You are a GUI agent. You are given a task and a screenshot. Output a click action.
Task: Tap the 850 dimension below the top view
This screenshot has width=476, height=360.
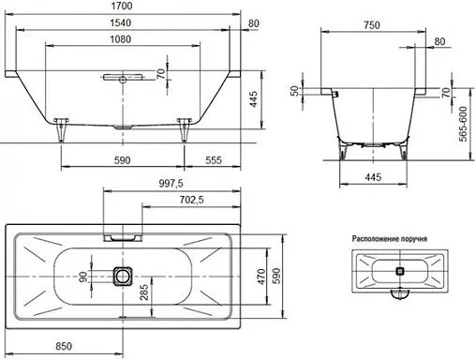pyautogui.click(x=64, y=346)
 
